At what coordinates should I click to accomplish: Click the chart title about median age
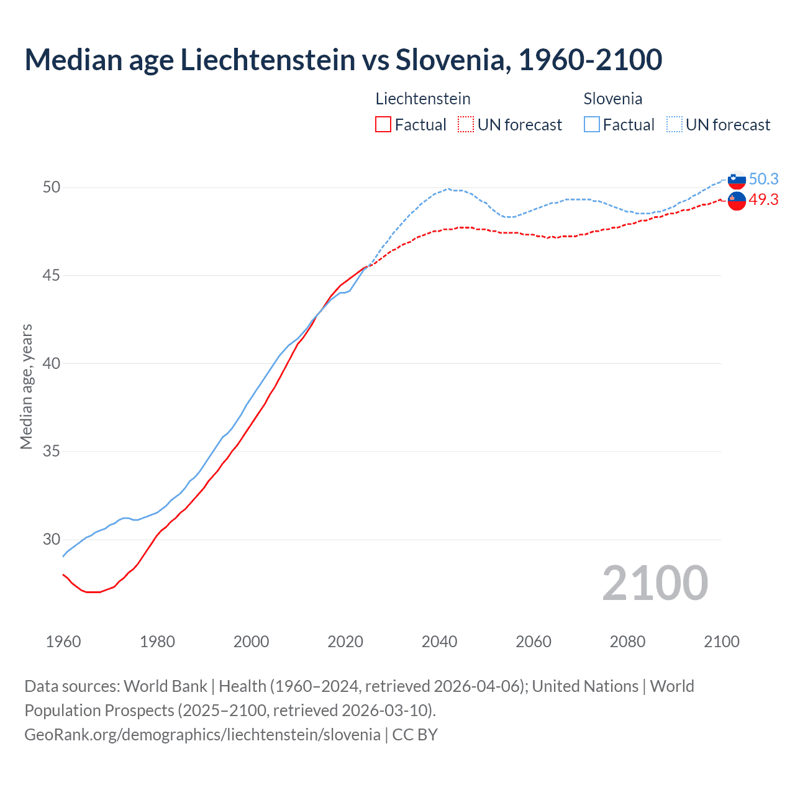point(343,60)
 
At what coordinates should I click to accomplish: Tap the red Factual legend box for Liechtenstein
point(383,125)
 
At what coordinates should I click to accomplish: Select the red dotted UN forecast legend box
point(466,125)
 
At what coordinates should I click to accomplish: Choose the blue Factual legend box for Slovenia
point(592,125)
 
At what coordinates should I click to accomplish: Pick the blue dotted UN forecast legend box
point(675,125)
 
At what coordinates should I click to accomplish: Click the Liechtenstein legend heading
point(423,99)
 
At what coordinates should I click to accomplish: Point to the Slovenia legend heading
point(612,99)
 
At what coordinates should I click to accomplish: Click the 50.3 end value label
point(763,179)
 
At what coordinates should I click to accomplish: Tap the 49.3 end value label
point(763,199)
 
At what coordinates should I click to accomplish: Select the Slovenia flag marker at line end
point(737,179)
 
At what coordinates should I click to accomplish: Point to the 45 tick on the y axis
point(52,275)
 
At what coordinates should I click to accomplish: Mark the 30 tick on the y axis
point(52,539)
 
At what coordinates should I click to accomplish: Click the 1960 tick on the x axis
point(63,642)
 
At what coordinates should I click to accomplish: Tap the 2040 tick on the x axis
point(439,642)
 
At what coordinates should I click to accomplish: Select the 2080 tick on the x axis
point(627,642)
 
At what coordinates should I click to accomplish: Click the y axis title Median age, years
point(26,386)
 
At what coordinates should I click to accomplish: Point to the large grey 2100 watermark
point(655,583)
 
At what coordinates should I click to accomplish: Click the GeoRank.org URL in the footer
point(202,735)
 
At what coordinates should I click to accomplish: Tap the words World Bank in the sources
point(165,686)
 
